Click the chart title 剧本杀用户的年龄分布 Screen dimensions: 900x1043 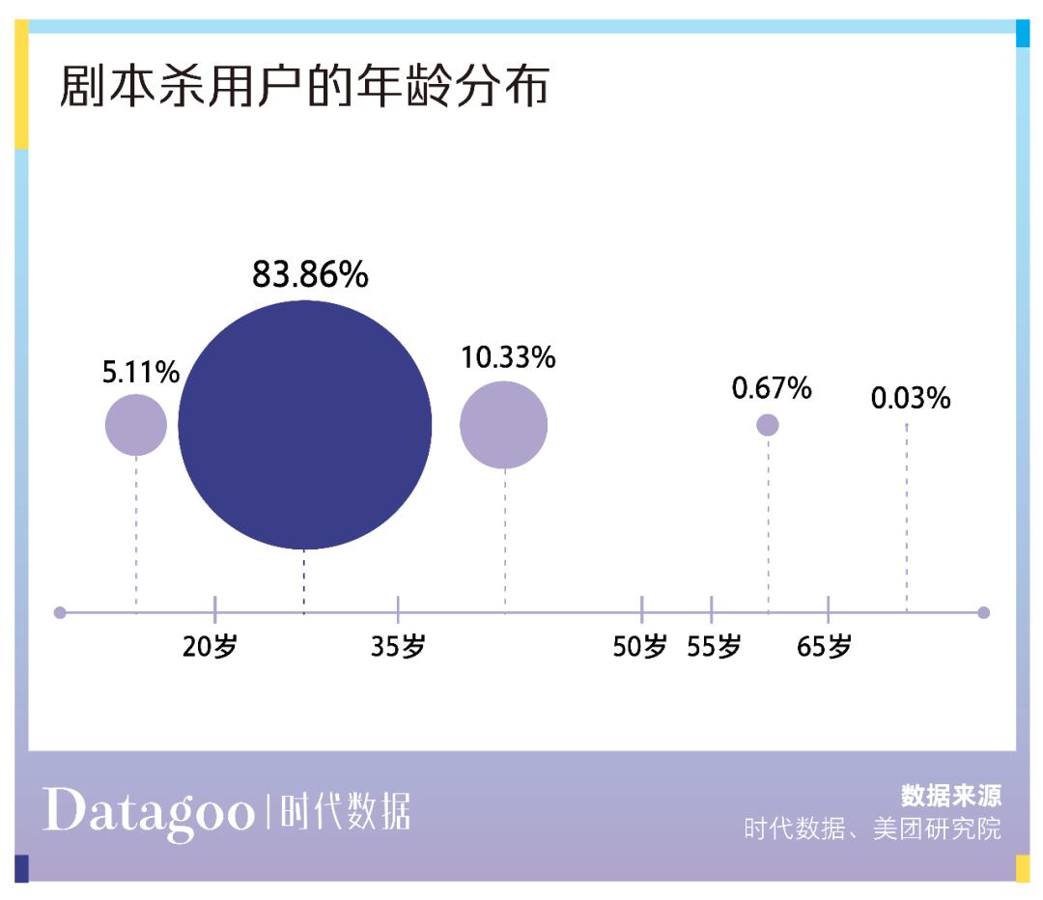tap(304, 87)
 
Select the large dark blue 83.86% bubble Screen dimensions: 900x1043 tap(305, 425)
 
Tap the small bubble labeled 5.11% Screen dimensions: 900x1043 tap(136, 425)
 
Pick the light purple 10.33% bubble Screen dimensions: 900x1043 tap(503, 425)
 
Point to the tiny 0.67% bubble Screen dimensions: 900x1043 tap(768, 425)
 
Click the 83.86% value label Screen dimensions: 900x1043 tap(310, 275)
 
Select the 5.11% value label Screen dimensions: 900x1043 tap(141, 372)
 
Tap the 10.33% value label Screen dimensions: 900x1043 tap(508, 357)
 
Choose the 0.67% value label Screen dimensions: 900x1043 tap(772, 389)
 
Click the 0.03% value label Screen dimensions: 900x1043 tap(911, 398)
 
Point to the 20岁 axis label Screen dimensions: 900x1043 tap(210, 647)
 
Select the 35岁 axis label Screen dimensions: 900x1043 tap(398, 647)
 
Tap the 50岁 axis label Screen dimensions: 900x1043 tap(639, 647)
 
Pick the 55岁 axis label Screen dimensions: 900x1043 tap(714, 647)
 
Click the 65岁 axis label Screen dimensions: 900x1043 tap(825, 647)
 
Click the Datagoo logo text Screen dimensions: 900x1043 tap(148, 811)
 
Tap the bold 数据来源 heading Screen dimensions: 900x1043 tap(951, 795)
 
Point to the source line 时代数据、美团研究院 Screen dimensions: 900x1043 tap(872, 830)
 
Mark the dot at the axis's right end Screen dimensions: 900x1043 tap(983, 612)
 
